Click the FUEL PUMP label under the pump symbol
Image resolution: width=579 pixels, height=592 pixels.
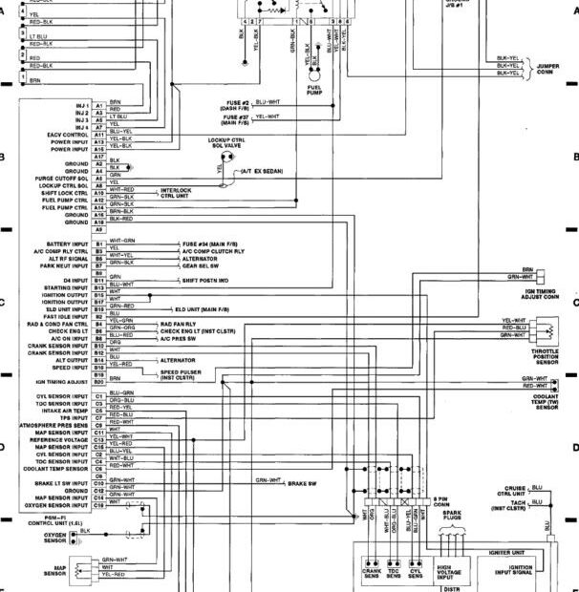(x=314, y=93)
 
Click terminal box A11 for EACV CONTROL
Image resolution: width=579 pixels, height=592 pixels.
(x=98, y=135)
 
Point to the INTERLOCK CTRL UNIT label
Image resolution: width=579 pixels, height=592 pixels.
(x=176, y=193)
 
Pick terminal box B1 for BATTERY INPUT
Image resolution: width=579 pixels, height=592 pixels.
(x=98, y=244)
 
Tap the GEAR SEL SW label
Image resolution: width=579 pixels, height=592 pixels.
(x=202, y=266)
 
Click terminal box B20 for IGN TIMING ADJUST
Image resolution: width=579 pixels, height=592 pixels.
(x=98, y=381)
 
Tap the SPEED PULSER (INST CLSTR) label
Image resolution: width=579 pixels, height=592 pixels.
(x=179, y=375)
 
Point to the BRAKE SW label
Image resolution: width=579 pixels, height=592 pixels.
(x=302, y=484)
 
